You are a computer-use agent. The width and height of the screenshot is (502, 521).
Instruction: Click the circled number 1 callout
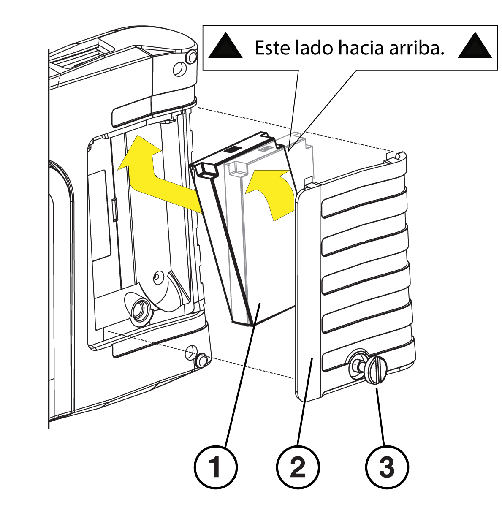pos(216,467)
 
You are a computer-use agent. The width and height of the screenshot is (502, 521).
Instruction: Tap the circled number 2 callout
pos(298,467)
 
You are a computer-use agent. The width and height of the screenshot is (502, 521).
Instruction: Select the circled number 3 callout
pos(387,467)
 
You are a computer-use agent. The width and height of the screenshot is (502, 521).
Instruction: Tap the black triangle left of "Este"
pos(225,47)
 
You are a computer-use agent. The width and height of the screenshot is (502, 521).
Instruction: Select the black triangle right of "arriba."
pos(475,47)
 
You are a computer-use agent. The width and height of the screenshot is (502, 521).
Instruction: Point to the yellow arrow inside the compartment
pos(155,177)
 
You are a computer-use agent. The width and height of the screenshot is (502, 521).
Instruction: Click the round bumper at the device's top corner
pos(191,57)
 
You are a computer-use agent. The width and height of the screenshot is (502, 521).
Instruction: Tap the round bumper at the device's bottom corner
pos(201,361)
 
